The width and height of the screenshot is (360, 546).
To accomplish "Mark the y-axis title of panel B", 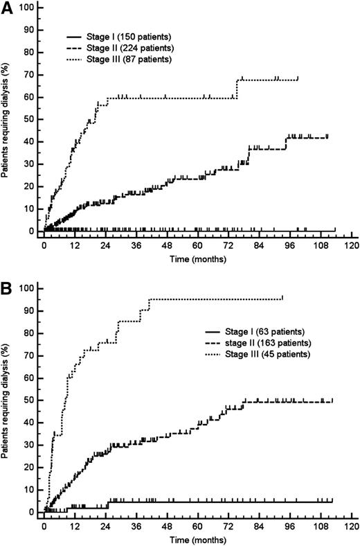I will (6, 402).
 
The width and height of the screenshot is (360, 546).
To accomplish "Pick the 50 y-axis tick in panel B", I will (30, 400).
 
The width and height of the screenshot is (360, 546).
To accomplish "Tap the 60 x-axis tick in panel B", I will (197, 525).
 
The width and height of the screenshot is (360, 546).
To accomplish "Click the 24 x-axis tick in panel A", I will (105, 245).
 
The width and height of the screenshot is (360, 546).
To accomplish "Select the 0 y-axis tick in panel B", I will (32, 512).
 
